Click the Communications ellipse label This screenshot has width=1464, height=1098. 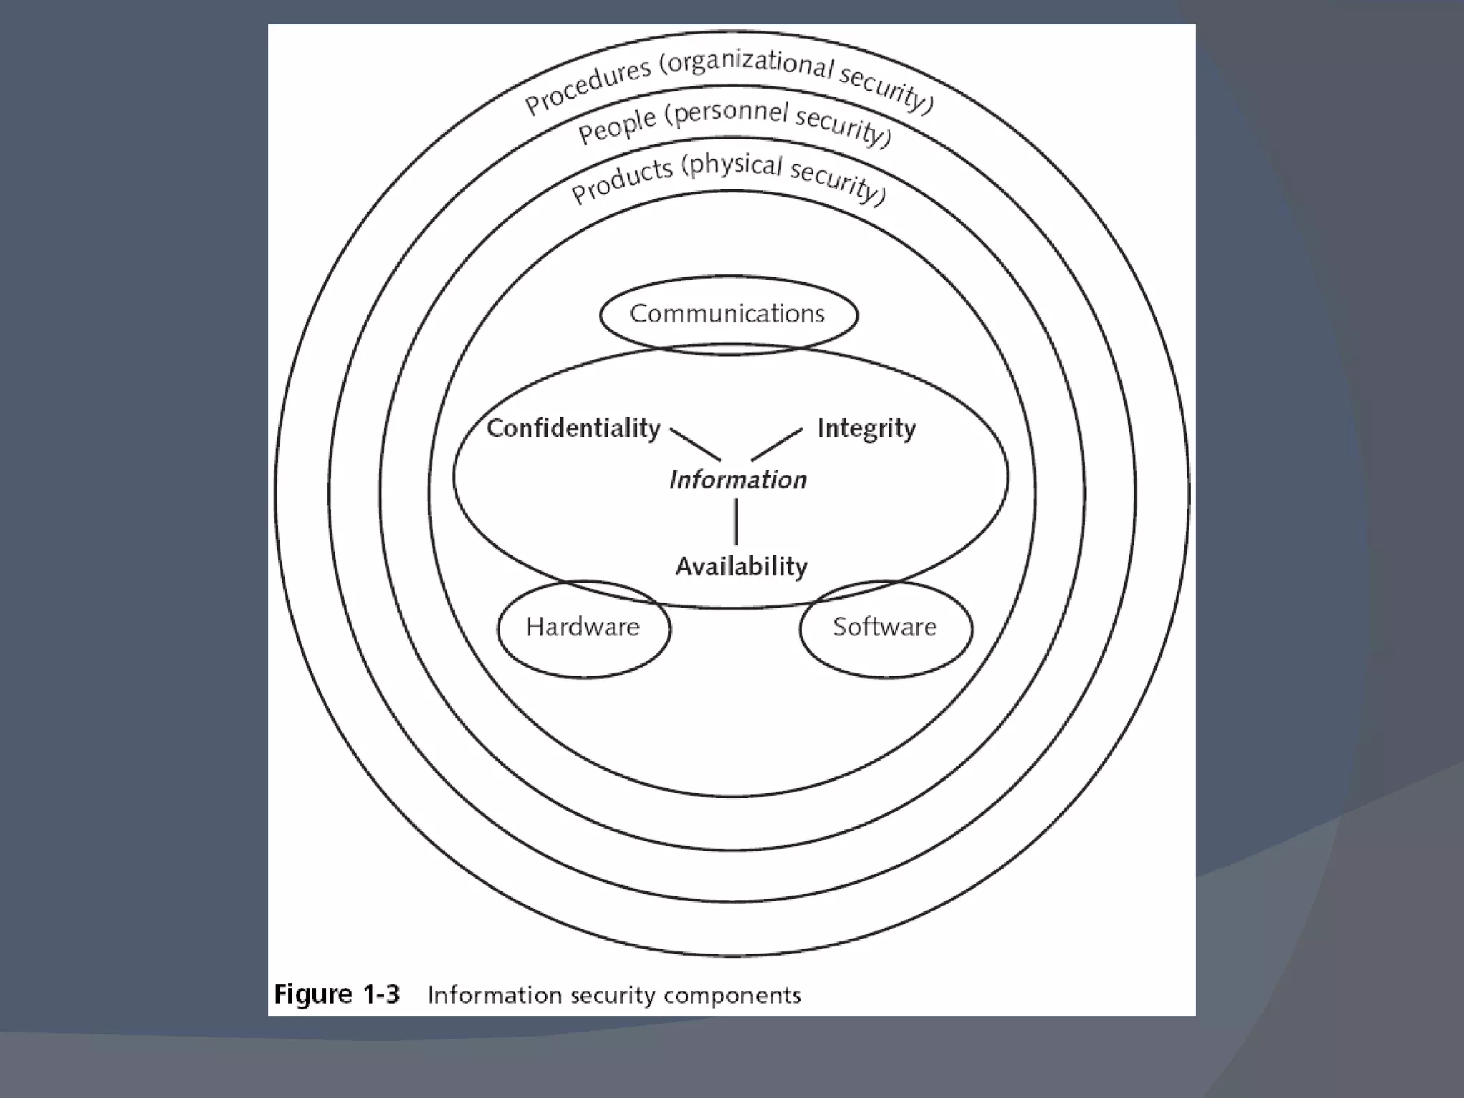[727, 314]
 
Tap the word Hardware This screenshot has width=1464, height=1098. [583, 627]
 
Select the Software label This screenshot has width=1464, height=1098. [884, 627]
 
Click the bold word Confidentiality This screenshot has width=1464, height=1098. [573, 428]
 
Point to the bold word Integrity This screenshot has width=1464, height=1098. [866, 429]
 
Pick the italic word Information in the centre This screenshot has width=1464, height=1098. [738, 480]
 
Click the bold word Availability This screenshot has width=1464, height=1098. [741, 567]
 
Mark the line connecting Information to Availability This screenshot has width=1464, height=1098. [736, 522]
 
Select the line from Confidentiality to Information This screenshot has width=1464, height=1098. [696, 445]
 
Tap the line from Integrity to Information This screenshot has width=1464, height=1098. [777, 444]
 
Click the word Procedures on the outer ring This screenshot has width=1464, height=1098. [588, 86]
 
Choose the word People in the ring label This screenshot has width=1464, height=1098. [616, 127]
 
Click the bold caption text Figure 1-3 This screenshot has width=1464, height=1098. [337, 994]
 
